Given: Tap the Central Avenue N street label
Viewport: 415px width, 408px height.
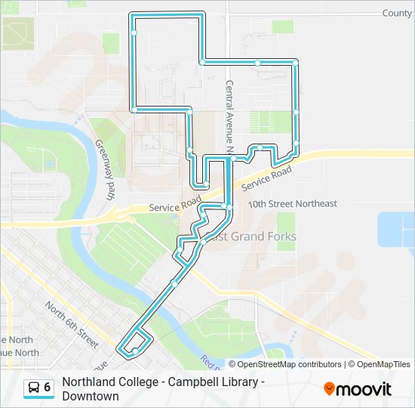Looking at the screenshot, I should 229,113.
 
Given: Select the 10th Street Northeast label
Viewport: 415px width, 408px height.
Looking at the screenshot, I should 292,204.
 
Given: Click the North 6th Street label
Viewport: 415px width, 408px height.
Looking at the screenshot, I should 72,324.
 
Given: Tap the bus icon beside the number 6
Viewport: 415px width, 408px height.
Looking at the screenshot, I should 34,388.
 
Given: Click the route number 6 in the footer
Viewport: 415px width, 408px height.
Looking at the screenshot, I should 48,388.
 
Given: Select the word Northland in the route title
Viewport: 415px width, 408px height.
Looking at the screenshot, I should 90,382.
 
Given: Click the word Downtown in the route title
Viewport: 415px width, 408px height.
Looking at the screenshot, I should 91,396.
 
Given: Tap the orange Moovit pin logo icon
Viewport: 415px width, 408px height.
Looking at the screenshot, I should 329,388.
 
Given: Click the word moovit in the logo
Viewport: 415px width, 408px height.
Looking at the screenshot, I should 364,389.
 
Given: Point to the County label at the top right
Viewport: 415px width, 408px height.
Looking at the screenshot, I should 397,13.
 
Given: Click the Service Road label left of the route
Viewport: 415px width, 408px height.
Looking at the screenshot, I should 174,207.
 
